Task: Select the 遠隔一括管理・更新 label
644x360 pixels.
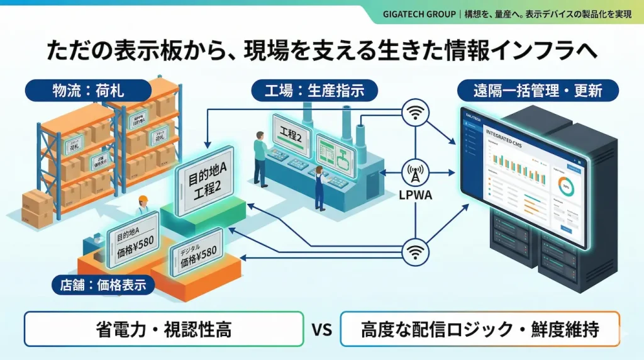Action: [537, 91]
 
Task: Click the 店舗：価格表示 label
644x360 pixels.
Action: [103, 285]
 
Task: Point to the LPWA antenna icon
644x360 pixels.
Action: [416, 172]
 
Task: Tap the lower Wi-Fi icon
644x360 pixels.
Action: [414, 250]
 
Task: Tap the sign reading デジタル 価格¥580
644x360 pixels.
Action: [197, 253]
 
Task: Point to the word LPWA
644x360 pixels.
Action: [414, 196]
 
